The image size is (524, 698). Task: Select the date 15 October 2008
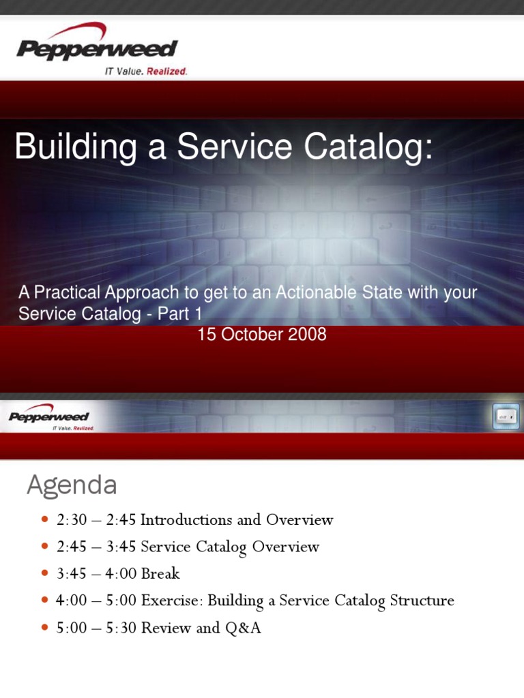262,335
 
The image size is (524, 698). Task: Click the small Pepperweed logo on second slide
49,416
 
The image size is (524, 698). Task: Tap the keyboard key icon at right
506,416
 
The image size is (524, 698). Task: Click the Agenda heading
72,485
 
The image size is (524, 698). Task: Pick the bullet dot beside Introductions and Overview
45,519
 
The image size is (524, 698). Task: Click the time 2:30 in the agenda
72,520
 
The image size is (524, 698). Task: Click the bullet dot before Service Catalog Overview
45,547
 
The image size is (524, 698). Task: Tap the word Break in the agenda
160,574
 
